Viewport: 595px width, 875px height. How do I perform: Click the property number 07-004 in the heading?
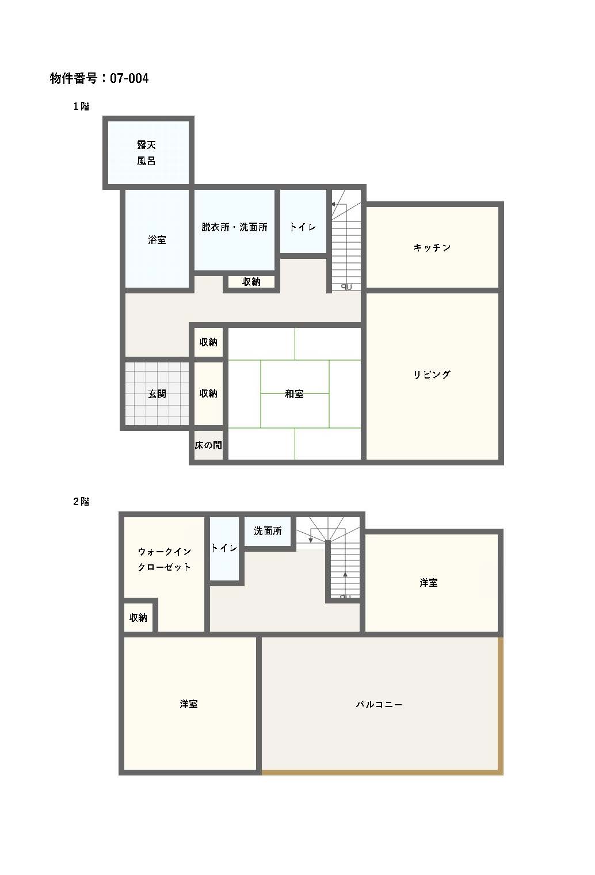[x=129, y=78]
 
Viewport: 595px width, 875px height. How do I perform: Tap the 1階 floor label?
[x=81, y=106]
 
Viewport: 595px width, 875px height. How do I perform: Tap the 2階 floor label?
[x=81, y=501]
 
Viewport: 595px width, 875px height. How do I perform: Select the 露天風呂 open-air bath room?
[x=148, y=152]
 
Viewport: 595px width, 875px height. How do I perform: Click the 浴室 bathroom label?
[x=157, y=240]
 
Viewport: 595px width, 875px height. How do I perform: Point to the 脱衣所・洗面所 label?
[x=234, y=227]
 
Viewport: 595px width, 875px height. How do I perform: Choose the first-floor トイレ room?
[x=303, y=221]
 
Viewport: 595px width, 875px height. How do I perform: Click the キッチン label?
[x=432, y=247]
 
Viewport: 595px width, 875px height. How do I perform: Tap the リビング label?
[x=432, y=375]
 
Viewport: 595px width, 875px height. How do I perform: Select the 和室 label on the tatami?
[x=294, y=393]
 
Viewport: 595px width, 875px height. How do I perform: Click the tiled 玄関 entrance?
[x=157, y=393]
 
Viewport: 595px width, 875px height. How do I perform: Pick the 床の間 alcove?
[x=209, y=445]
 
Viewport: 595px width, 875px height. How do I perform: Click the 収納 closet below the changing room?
[x=251, y=282]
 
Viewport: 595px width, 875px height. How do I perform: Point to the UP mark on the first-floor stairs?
[x=346, y=286]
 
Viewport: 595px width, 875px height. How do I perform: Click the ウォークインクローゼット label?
[x=164, y=559]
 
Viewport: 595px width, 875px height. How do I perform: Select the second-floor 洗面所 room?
[x=268, y=531]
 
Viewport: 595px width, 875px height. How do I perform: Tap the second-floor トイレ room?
[x=224, y=548]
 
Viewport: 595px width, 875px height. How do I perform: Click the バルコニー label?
[x=379, y=704]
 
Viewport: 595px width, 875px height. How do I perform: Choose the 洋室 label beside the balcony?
[x=429, y=582]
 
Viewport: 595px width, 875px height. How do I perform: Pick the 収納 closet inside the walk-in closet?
[x=138, y=617]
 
